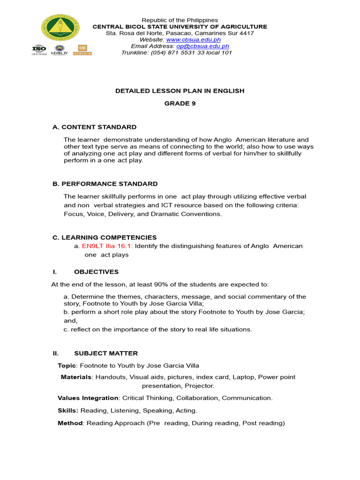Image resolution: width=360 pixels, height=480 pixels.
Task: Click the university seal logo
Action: (x=60, y=28)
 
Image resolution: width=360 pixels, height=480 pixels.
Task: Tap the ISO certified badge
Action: (x=39, y=50)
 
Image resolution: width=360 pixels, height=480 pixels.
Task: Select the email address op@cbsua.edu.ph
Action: (x=202, y=46)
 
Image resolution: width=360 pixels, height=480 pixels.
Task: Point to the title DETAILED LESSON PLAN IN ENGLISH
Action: (x=180, y=91)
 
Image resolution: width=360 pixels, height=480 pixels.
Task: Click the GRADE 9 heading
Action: (x=180, y=104)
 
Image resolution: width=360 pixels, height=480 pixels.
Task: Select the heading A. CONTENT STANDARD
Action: (x=94, y=127)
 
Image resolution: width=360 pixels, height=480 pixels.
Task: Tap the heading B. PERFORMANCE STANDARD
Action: (x=105, y=184)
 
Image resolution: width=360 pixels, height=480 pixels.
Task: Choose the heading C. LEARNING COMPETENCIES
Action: (x=105, y=238)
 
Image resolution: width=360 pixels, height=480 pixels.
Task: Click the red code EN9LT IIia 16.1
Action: (x=107, y=246)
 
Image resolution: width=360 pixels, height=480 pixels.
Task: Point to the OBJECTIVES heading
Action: (x=96, y=272)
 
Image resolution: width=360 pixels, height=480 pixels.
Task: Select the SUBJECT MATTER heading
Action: (x=106, y=353)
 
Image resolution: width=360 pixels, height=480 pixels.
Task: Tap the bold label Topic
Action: (x=67, y=366)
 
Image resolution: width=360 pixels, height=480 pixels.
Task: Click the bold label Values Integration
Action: (x=88, y=398)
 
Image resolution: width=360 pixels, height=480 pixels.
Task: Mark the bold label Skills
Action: (x=68, y=411)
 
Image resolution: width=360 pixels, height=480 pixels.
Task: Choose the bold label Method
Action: (x=70, y=423)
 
